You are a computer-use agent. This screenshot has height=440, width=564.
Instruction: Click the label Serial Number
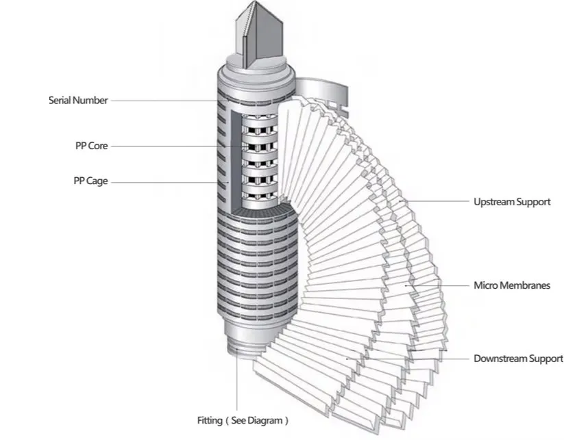[78, 101]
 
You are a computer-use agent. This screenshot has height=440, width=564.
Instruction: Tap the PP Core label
[92, 146]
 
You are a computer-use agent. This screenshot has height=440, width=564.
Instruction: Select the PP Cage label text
[90, 181]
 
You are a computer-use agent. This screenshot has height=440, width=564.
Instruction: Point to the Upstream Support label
[511, 202]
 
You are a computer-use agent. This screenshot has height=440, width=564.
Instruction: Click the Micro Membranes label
[511, 285]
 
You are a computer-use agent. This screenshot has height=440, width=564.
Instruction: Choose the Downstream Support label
[518, 359]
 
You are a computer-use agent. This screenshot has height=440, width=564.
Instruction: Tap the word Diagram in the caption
[262, 420]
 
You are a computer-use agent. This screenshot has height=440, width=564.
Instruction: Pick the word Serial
[60, 101]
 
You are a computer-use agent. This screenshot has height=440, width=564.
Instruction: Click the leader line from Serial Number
[164, 101]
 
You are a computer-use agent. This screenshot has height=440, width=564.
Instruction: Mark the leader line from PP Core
[171, 146]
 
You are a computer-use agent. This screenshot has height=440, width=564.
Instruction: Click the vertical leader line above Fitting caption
[238, 383]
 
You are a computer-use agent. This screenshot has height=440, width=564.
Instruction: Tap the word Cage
[97, 181]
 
